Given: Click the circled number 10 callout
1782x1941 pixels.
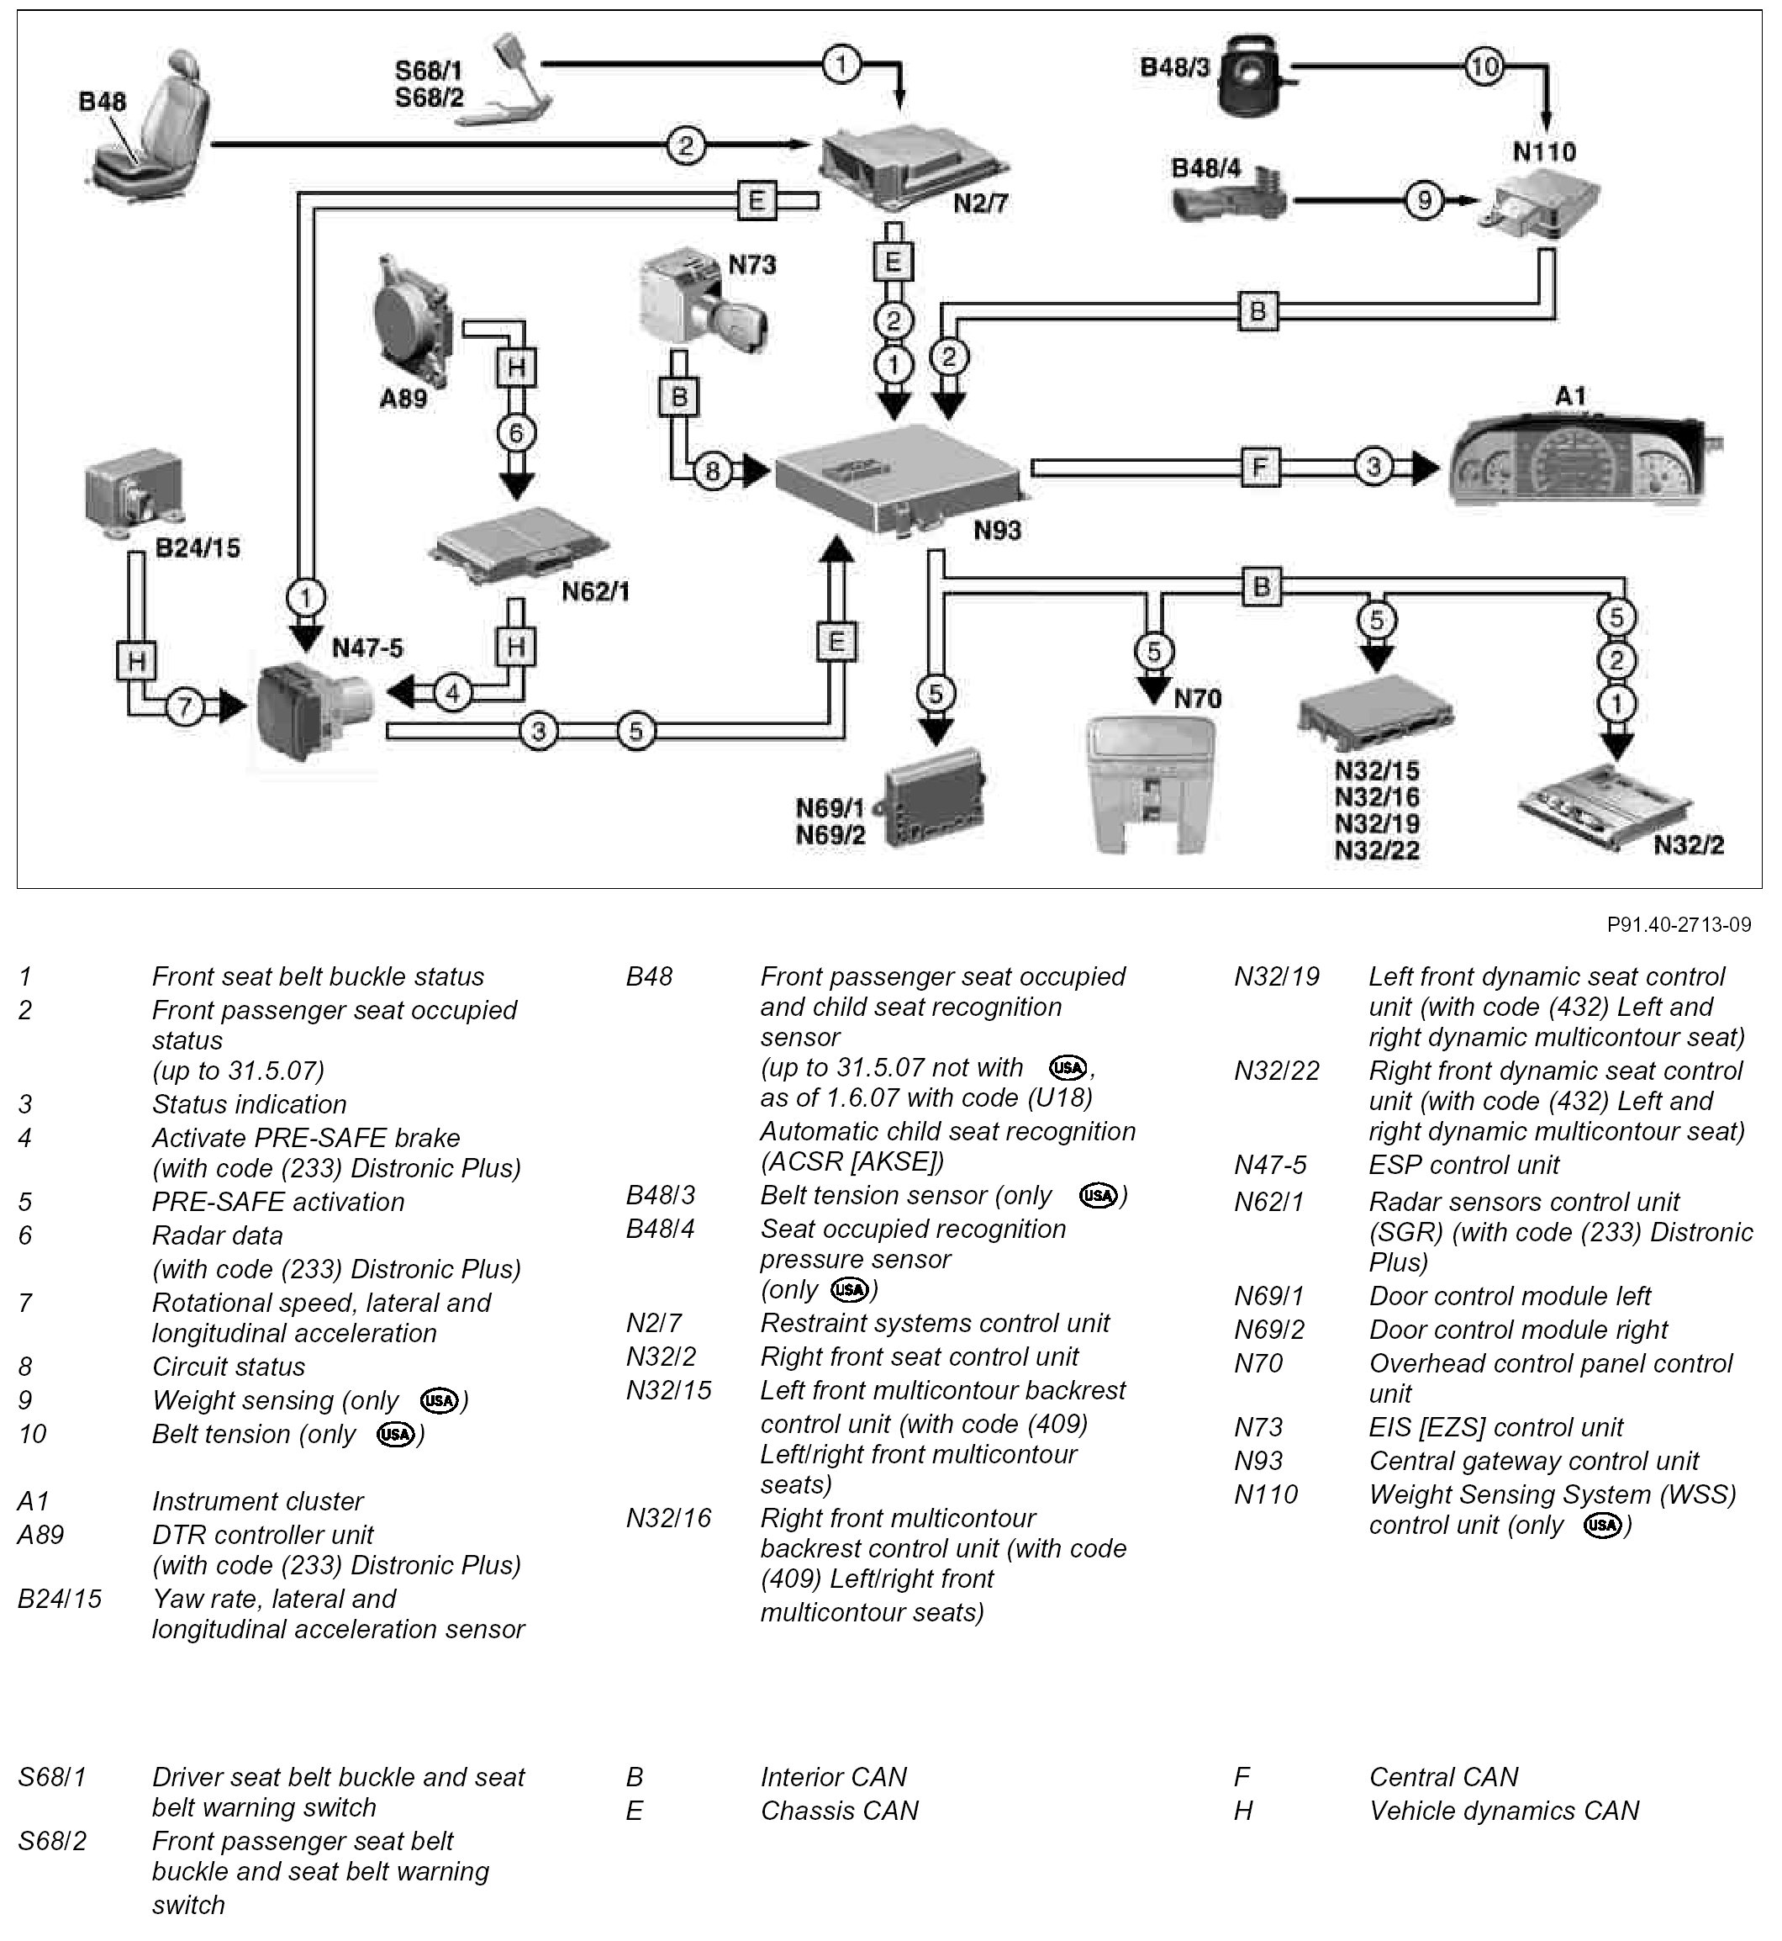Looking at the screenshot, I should click(1484, 66).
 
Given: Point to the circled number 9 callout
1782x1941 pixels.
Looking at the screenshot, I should click(1423, 201).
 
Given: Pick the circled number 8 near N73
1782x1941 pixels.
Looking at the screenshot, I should click(713, 471).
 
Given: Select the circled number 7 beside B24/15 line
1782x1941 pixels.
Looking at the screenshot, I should click(184, 707).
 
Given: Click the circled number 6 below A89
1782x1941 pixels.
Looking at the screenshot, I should click(516, 433).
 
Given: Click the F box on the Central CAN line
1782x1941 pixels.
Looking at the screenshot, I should click(1259, 468).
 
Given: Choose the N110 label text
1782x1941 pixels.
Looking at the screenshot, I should click(1544, 151).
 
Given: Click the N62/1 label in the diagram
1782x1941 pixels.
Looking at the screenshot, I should click(595, 591).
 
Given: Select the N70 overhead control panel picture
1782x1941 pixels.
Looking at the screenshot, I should click(1151, 781).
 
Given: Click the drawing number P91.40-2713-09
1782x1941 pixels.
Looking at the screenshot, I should click(1678, 924).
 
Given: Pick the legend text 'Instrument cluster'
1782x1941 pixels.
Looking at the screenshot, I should click(257, 1501).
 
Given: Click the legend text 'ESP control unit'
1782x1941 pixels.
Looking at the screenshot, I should click(1463, 1165).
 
